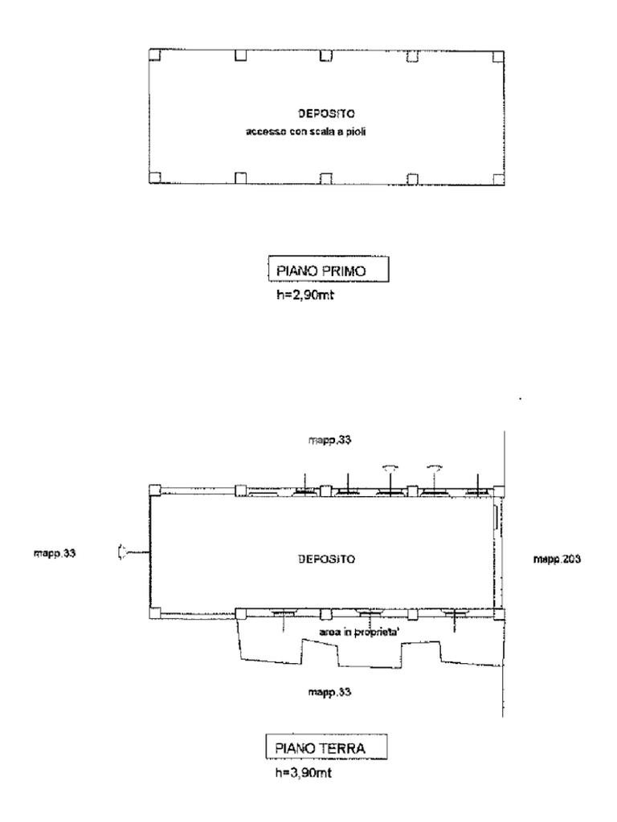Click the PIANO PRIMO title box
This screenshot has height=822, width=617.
point(329,270)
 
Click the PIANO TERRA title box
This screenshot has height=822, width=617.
point(326,747)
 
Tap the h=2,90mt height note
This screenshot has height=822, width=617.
point(305,295)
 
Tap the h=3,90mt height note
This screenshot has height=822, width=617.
point(304,773)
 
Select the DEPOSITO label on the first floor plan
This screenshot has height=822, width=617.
point(326,113)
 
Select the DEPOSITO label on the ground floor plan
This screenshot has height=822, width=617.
point(326,560)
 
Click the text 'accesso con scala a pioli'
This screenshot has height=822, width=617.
point(306,132)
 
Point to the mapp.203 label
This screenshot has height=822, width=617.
point(557,560)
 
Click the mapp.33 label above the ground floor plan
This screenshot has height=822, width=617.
point(329,440)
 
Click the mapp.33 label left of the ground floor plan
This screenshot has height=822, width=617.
point(54,553)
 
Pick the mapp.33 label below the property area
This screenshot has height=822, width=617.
point(329,693)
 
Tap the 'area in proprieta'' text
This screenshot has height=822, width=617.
point(360,633)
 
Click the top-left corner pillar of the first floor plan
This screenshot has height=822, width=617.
point(154,55)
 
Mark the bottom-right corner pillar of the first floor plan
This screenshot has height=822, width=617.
point(498,179)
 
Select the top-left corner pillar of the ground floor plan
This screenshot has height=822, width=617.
point(154,490)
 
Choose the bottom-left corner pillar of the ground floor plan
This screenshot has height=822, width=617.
point(154,614)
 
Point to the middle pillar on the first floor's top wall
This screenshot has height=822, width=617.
point(326,55)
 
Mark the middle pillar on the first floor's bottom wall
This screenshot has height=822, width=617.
point(326,179)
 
